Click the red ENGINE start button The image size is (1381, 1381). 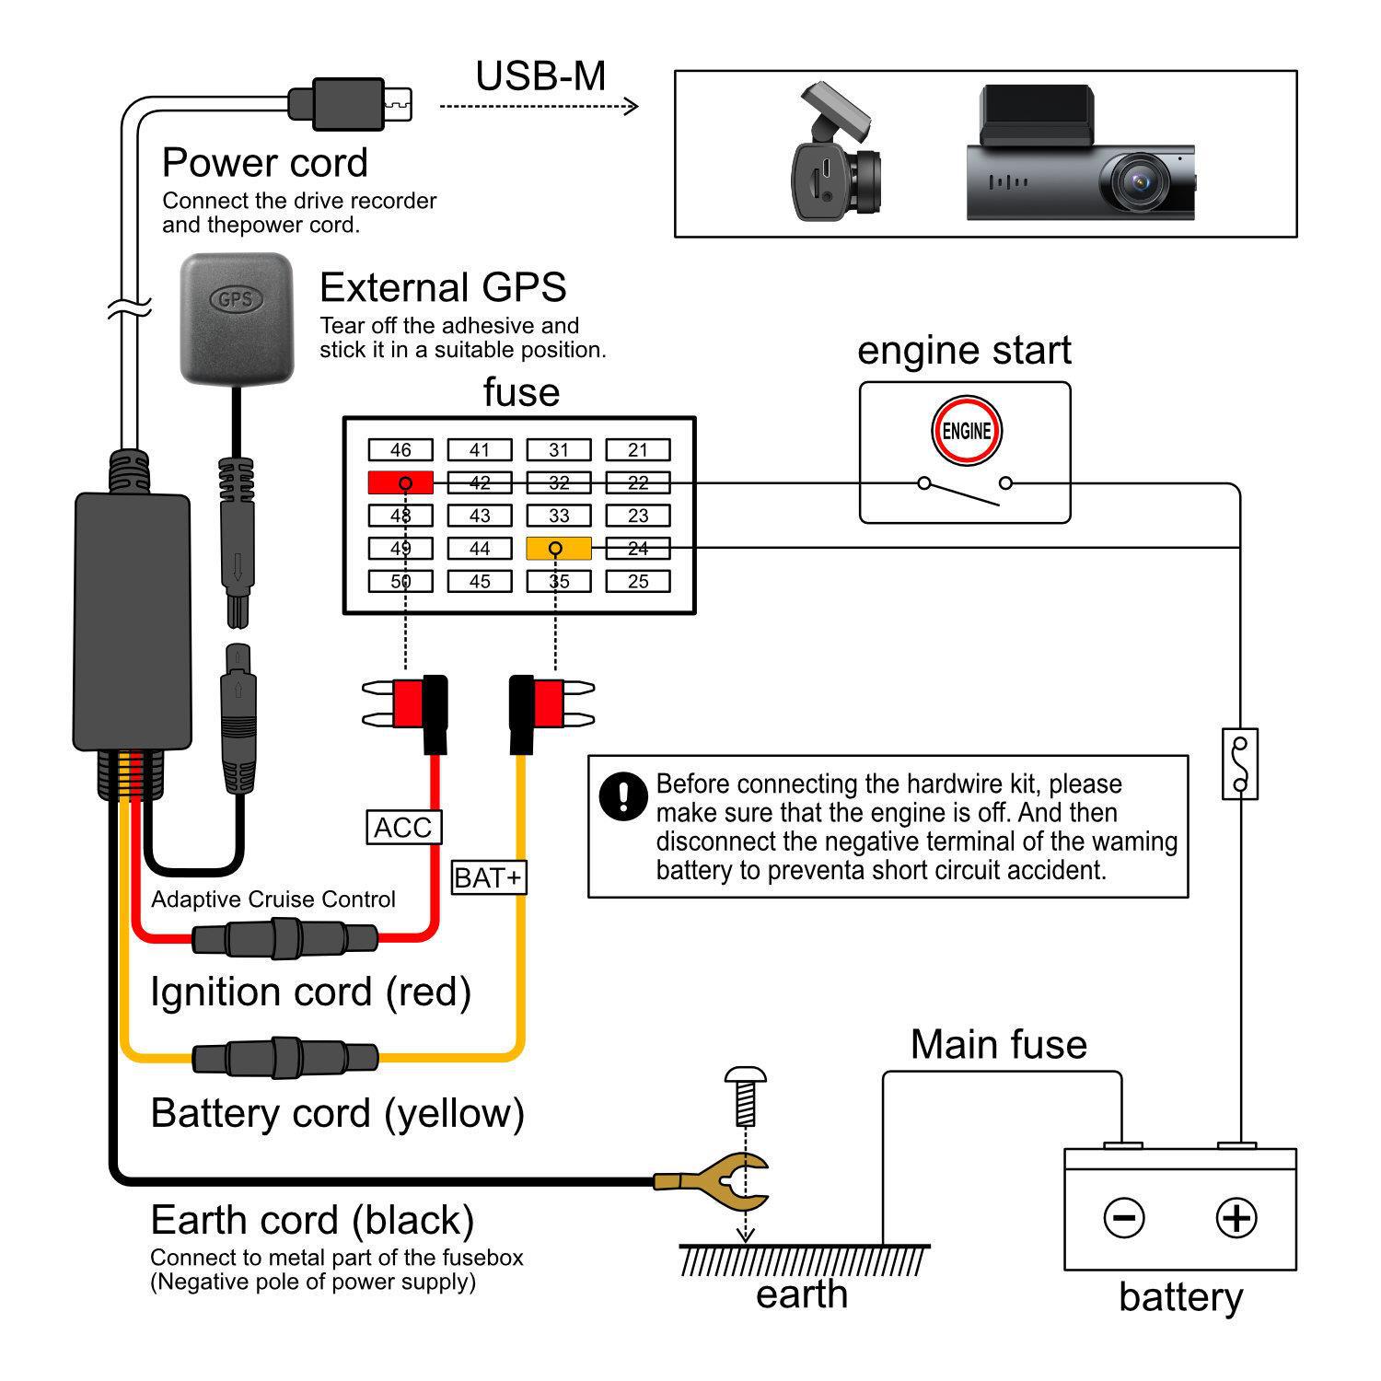966,431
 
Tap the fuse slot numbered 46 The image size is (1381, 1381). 400,450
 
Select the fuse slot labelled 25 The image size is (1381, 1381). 637,582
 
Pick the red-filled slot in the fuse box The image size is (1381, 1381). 400,482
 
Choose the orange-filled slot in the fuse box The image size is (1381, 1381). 558,549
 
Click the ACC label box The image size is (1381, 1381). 403,828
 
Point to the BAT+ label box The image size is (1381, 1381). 489,877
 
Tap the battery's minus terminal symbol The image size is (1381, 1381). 1123,1217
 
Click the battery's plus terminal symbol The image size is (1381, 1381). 1236,1217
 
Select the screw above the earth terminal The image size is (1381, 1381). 746,1096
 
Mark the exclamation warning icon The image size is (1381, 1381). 622,795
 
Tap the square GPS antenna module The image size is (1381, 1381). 237,318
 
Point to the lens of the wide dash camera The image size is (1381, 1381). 1142,181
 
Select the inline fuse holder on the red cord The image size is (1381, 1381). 284,940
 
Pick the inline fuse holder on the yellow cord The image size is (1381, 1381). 284,1057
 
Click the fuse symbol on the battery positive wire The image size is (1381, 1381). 1239,763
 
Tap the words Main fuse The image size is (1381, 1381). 998,1045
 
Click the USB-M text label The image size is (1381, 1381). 540,76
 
